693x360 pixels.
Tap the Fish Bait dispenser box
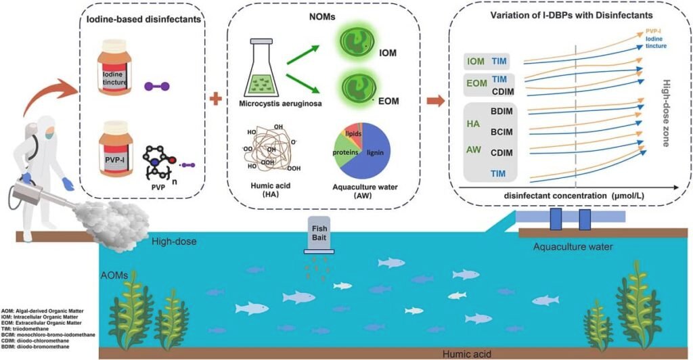(320, 235)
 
